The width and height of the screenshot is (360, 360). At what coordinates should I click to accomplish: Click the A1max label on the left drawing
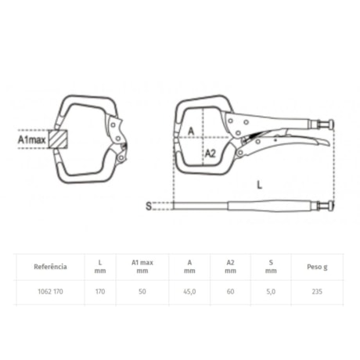[31, 139]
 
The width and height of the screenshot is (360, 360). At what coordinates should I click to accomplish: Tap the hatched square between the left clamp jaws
[58, 139]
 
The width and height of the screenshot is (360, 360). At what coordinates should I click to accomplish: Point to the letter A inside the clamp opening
[191, 131]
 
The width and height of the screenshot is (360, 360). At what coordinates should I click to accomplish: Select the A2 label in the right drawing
[211, 153]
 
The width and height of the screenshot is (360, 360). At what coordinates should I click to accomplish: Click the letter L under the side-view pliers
[259, 185]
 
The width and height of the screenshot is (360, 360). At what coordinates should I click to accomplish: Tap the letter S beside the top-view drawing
[149, 206]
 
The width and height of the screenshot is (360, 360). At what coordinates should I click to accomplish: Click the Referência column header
[50, 267]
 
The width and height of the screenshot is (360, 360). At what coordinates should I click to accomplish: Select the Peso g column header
[317, 267]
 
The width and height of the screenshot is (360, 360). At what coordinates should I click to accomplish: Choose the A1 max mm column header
[142, 267]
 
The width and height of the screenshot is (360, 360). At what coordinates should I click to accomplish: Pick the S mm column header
[271, 267]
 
